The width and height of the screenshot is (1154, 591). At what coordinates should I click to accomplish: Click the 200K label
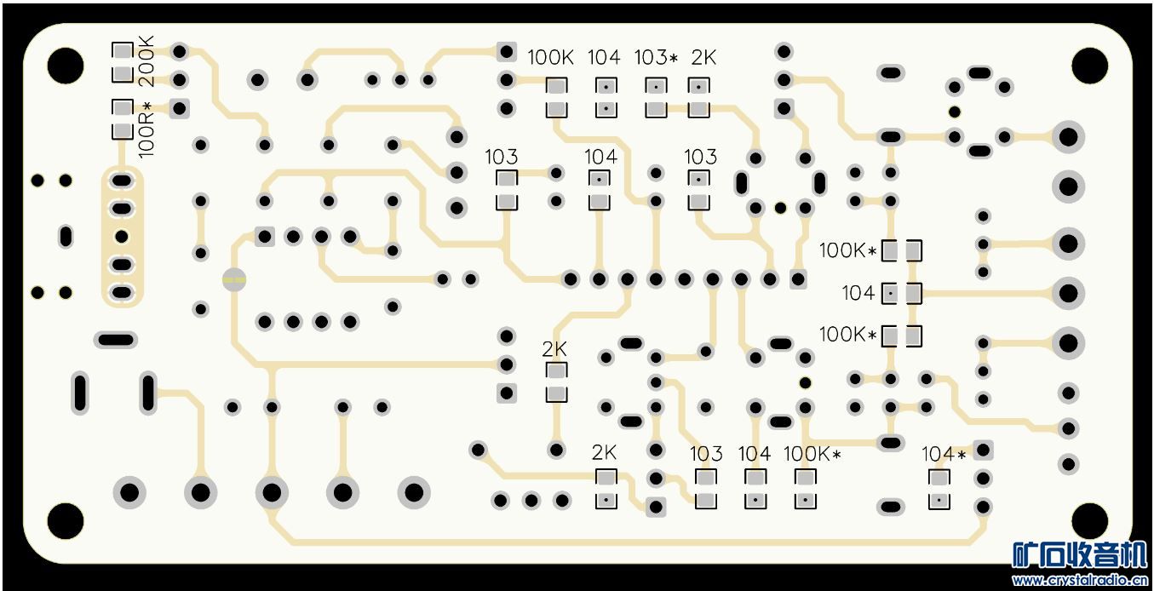[x=146, y=60]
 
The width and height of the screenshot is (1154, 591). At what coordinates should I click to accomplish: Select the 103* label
[x=656, y=58]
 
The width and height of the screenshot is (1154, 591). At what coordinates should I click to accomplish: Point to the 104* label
[x=944, y=455]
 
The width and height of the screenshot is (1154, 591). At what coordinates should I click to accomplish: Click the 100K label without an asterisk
[x=550, y=58]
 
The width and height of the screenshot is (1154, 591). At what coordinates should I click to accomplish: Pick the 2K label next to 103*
[x=703, y=58]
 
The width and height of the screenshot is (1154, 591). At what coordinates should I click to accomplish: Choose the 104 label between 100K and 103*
[x=604, y=58]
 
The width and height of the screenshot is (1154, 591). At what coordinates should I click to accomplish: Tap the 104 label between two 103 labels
[x=600, y=157]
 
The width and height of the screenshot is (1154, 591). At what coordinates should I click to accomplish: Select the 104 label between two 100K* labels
[x=858, y=293]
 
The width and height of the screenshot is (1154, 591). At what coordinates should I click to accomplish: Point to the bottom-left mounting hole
[x=66, y=520]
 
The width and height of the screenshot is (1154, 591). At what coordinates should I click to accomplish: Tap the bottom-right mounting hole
[x=1088, y=520]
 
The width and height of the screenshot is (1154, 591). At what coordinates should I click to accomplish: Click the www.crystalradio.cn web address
[x=1079, y=581]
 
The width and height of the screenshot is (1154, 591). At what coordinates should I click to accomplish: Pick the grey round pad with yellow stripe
[x=234, y=278]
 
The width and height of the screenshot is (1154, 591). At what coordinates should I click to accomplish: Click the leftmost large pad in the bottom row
[x=129, y=491]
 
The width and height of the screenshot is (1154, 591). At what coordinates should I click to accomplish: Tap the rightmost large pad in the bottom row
[x=413, y=491]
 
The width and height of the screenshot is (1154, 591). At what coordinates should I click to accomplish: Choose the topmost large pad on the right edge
[x=1067, y=137]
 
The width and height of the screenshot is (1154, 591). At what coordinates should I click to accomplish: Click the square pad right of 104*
[x=984, y=450]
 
